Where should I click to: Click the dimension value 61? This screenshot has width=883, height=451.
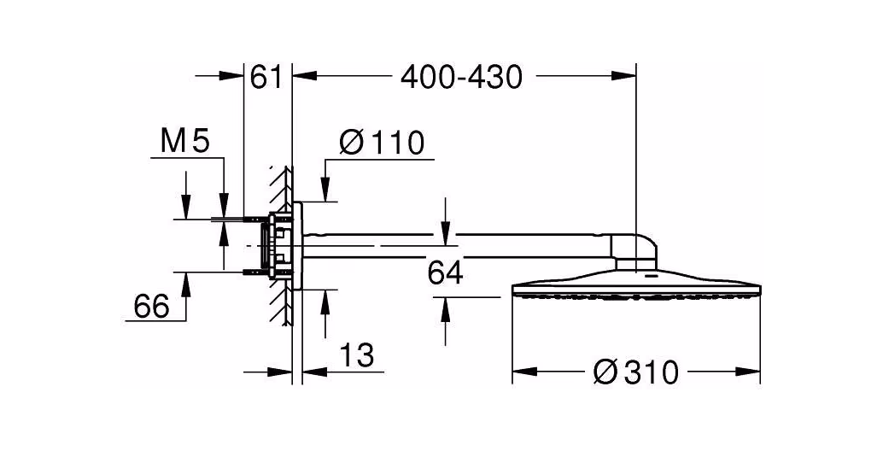tap(266, 77)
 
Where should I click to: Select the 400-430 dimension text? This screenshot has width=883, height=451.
tap(461, 77)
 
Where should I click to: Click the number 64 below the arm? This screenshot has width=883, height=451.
tap(445, 273)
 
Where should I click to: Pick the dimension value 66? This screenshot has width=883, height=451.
tap(151, 307)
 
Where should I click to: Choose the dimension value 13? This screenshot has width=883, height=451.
tap(356, 355)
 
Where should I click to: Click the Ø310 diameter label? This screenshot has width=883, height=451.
tap(635, 372)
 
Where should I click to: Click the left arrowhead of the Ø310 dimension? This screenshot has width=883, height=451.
tap(523, 372)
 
